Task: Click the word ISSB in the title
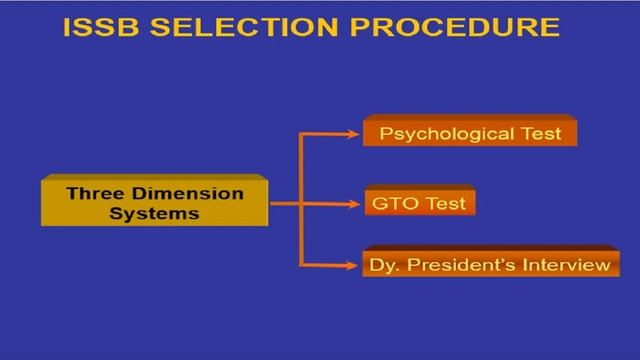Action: coord(102,27)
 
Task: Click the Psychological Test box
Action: coord(470,131)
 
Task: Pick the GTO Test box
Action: coord(417,203)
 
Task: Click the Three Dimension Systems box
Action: coord(155,201)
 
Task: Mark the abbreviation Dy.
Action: coord(381,265)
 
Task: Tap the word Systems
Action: coord(155,212)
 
